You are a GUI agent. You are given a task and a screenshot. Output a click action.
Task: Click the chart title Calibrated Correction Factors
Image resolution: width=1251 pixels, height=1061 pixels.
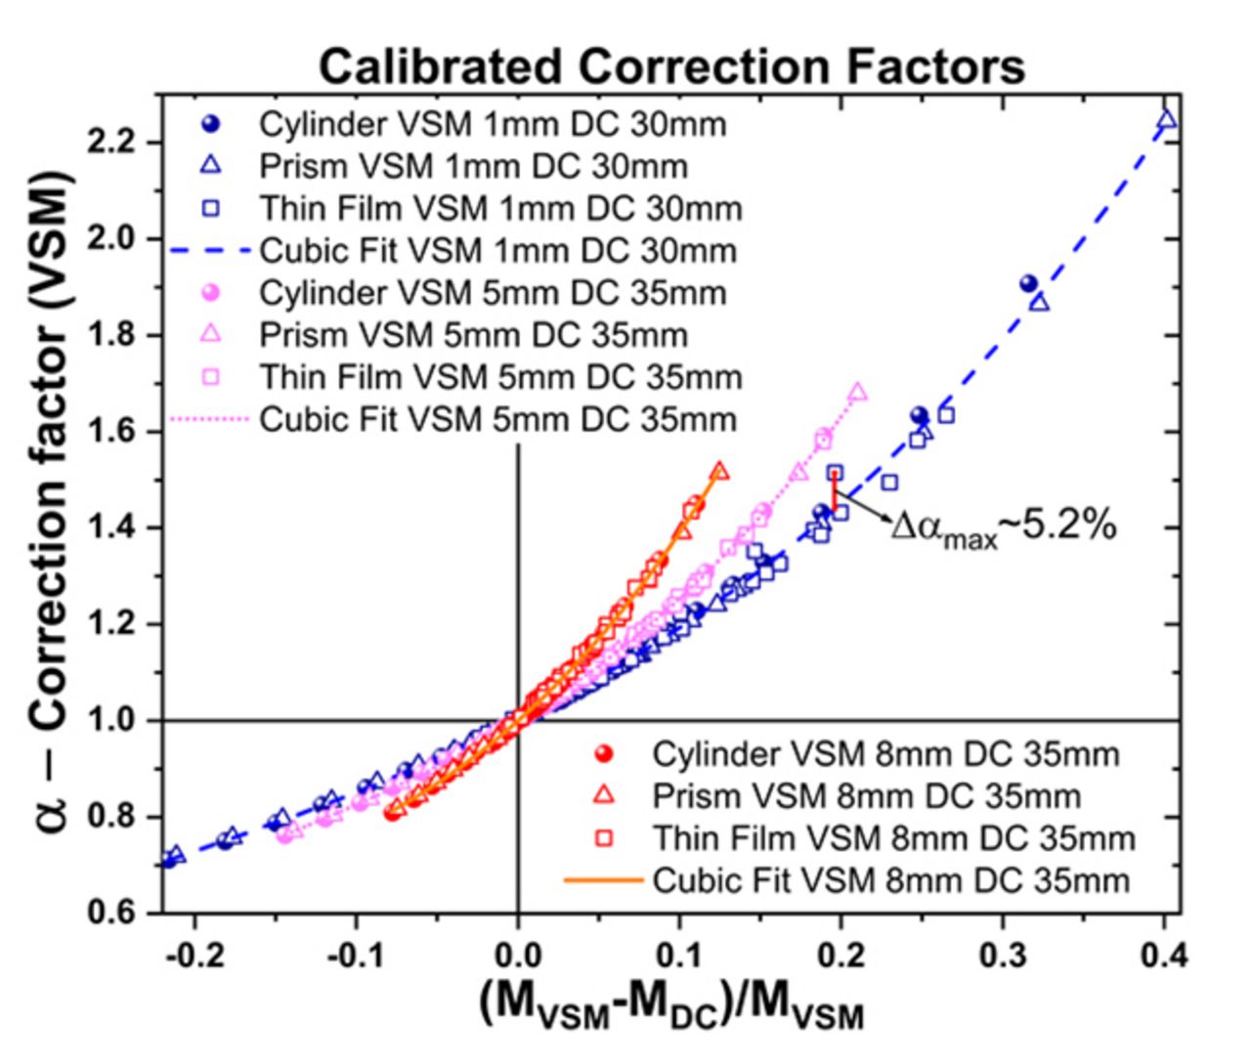coord(671,66)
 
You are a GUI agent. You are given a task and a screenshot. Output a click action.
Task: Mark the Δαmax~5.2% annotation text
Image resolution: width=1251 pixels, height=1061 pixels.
coord(1003,528)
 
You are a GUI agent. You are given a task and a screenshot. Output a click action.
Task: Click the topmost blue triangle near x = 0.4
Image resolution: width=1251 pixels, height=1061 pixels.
coord(1166,120)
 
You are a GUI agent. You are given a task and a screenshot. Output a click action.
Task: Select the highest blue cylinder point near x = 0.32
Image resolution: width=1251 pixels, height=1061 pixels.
coord(1028,283)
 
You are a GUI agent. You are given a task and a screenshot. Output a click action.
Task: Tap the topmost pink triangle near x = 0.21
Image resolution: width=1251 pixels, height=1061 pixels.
coord(858,393)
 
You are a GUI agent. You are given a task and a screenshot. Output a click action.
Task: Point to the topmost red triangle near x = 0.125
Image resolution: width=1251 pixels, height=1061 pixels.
coord(719,471)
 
